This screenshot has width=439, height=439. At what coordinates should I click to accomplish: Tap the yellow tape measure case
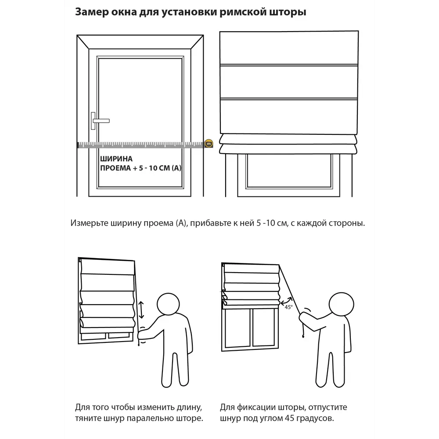click(209, 144)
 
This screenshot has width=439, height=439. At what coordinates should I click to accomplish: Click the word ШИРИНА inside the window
click(116, 159)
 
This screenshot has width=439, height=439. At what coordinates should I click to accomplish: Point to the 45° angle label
click(289, 307)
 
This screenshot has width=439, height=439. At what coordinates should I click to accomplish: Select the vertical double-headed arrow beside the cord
click(141, 309)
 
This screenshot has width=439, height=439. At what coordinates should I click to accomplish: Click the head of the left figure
click(168, 304)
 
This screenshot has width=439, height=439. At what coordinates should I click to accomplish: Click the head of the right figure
click(341, 304)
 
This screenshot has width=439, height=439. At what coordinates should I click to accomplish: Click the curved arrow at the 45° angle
click(286, 302)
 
